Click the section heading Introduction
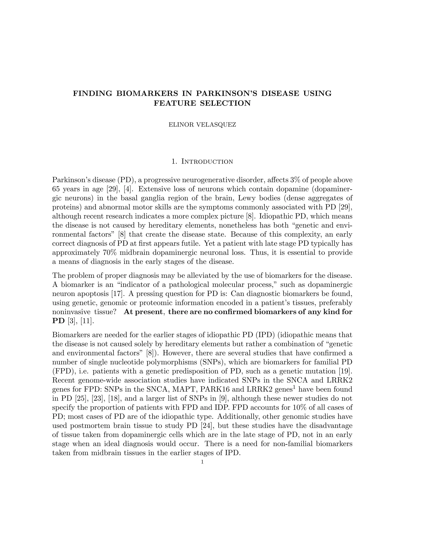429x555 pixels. click(207, 162)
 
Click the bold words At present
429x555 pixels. click(143, 312)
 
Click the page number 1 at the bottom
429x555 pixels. click(202, 462)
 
